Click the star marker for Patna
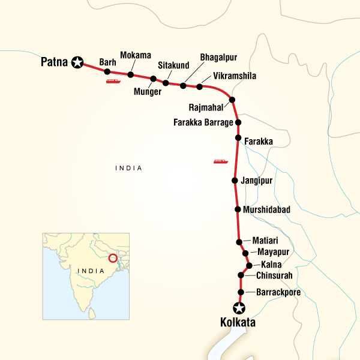(77, 61)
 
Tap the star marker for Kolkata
(240, 308)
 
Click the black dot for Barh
(107, 72)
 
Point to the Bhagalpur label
(219, 58)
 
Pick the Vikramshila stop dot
(200, 87)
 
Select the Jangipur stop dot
(235, 180)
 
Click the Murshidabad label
(267, 210)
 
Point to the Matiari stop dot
(239, 242)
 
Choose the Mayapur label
(274, 252)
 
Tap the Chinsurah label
(275, 275)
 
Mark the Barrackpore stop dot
(241, 293)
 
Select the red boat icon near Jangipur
(220, 161)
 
